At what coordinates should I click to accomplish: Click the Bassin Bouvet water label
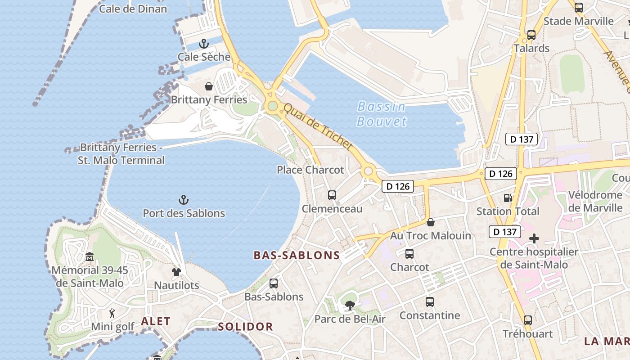coord(382,114)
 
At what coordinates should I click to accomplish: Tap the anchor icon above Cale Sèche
coord(204,44)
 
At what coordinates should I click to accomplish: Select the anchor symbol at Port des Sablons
coord(183,200)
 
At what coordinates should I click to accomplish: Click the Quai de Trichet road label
coord(318,127)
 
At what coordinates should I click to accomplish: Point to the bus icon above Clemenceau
coord(332,195)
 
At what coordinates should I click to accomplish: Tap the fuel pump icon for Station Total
coord(508,198)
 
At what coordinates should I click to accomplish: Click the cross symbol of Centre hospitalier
coord(534,238)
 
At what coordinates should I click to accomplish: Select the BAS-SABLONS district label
coord(297,256)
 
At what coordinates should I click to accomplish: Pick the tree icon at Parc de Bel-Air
coord(350,306)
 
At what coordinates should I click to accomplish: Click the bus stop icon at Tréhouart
coord(527,320)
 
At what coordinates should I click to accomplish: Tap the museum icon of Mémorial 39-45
coord(90,257)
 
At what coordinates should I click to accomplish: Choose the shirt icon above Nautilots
coord(176,272)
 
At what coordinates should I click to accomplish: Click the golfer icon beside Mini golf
coord(112,313)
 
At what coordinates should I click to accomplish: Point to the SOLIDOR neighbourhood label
coord(245,327)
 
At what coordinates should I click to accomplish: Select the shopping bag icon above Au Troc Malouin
coord(431,222)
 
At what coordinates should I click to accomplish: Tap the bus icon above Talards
coord(531,35)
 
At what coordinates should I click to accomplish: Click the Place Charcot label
coord(310,170)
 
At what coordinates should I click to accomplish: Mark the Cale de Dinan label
coord(133,9)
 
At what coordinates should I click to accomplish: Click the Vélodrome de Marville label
coord(595,201)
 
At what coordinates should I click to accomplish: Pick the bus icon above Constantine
coord(430,302)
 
